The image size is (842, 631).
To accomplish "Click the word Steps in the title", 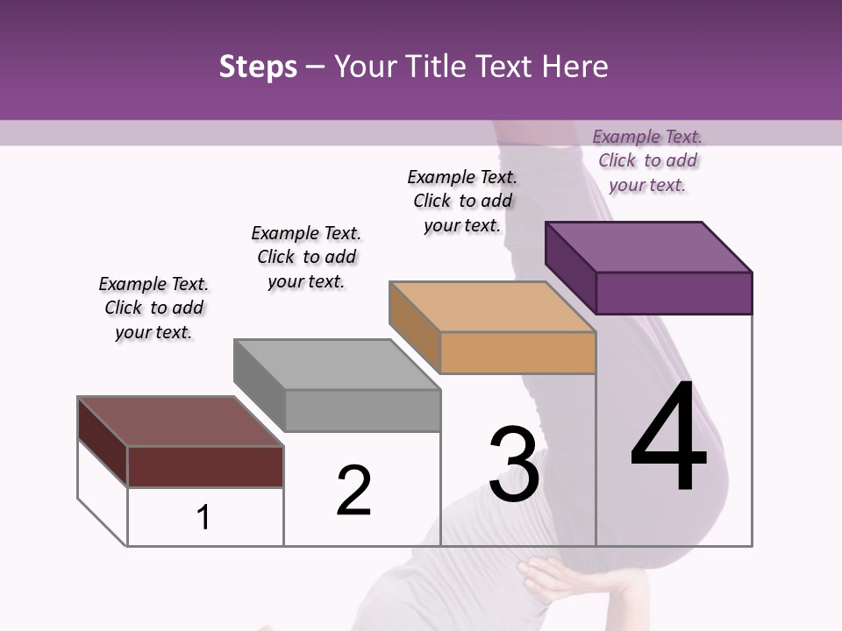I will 258,67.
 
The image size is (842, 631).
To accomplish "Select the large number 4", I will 668,438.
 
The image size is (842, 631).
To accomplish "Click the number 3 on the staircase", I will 514,464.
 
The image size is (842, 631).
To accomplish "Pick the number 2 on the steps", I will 353,491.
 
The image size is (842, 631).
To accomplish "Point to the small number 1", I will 203,517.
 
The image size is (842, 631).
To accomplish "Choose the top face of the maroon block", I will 181,422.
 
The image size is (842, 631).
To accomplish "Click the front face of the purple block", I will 674,293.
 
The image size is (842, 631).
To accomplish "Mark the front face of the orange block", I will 517,352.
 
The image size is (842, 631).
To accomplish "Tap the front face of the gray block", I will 362,410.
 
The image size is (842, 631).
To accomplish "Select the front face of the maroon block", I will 205,466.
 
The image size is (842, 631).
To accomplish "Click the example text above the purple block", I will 647,160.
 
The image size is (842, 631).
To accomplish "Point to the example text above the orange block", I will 462,201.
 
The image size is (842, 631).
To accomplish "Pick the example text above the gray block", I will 306,257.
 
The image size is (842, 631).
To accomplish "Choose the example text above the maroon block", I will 153,308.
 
